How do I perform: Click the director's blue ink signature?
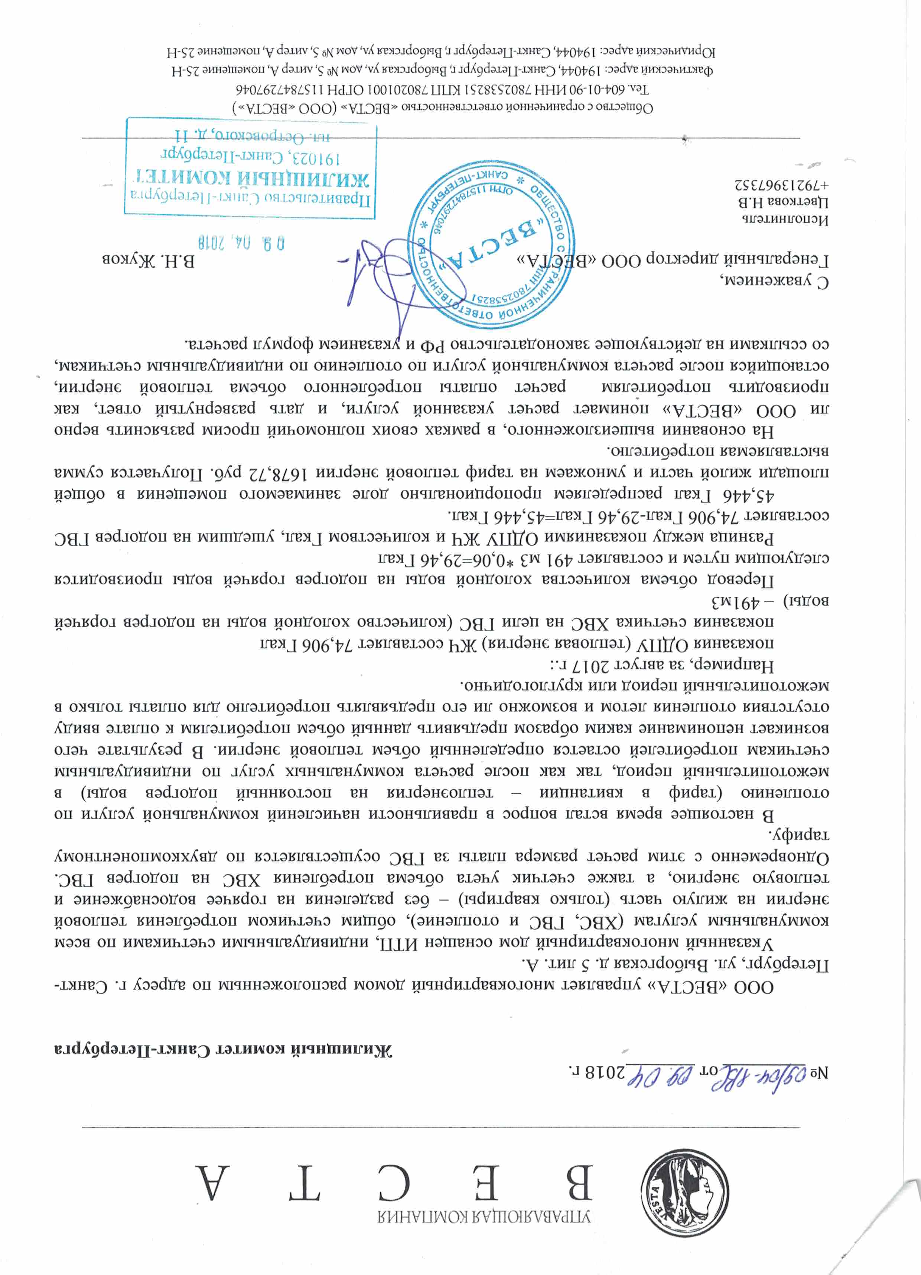coord(383,281)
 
